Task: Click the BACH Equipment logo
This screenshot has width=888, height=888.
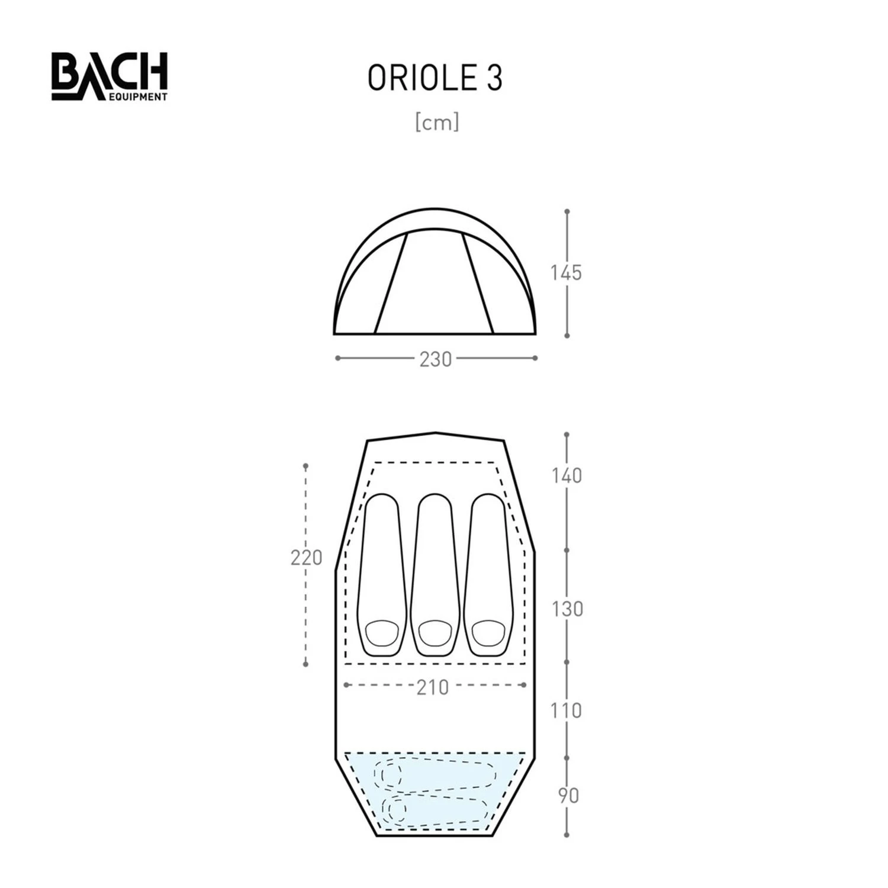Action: pyautogui.click(x=110, y=76)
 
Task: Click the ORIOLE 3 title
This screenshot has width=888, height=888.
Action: pyautogui.click(x=435, y=78)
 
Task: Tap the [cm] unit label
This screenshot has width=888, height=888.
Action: pyautogui.click(x=437, y=123)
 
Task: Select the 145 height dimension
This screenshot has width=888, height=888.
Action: pyautogui.click(x=566, y=273)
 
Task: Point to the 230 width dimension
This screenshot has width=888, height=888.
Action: pyautogui.click(x=436, y=359)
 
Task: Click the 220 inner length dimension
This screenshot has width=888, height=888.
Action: pyautogui.click(x=306, y=558)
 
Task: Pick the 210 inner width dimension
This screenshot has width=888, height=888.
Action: pyautogui.click(x=433, y=687)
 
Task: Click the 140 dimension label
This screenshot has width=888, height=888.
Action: pyautogui.click(x=567, y=475)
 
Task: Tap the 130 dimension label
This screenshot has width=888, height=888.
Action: pyautogui.click(x=567, y=609)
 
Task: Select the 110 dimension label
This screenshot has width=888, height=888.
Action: pyautogui.click(x=566, y=710)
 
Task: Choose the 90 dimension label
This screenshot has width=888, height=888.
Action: pyautogui.click(x=568, y=796)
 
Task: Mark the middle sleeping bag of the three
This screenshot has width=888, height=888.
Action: pyautogui.click(x=435, y=574)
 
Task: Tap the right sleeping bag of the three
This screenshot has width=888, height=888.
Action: pyautogui.click(x=488, y=574)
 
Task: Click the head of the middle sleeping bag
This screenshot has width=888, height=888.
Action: pyautogui.click(x=435, y=633)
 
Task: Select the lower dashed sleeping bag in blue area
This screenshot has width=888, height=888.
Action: pyautogui.click(x=435, y=809)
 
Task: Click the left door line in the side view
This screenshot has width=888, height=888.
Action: pyautogui.click(x=391, y=283)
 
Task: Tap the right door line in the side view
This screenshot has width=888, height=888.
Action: pyautogui.click(x=478, y=283)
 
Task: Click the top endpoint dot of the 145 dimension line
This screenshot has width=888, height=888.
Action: pyautogui.click(x=567, y=211)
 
